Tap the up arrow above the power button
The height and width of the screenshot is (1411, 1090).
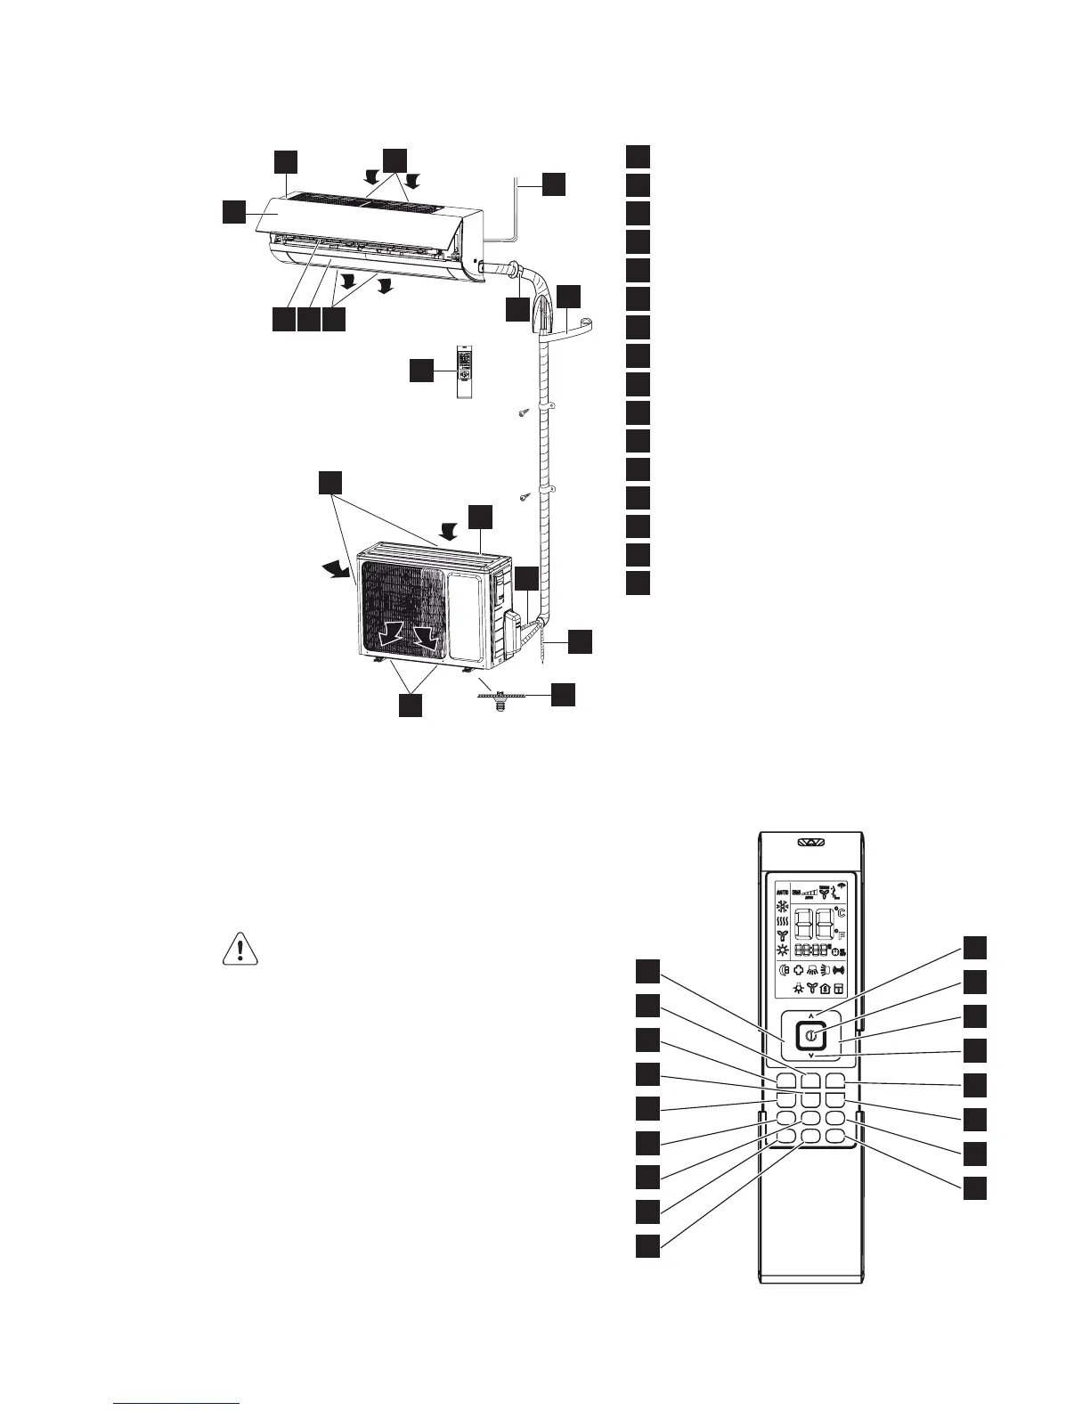pyautogui.click(x=811, y=1015)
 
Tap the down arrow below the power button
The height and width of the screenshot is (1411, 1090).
pyautogui.click(x=811, y=1056)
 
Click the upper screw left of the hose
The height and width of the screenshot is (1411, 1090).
pyautogui.click(x=525, y=412)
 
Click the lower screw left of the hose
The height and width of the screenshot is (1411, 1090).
pyautogui.click(x=525, y=495)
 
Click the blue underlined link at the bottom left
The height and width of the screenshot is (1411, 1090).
pyautogui.click(x=177, y=1402)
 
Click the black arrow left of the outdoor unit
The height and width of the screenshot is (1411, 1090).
pyautogui.click(x=340, y=569)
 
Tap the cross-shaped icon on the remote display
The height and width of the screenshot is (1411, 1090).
pyautogui.click(x=799, y=970)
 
